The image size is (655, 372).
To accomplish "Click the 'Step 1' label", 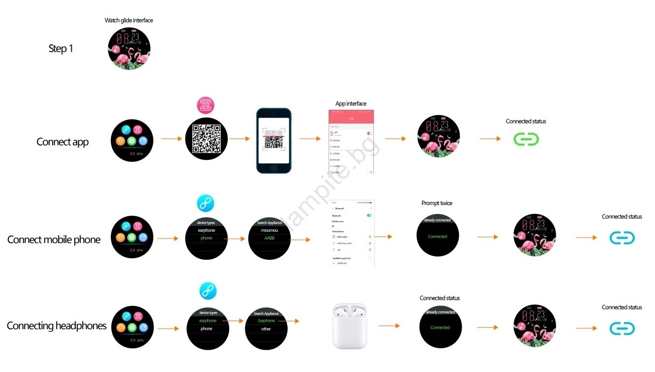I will [x=60, y=48].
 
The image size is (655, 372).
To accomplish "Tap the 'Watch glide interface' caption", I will [x=129, y=20].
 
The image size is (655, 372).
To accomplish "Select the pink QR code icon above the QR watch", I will [x=206, y=105].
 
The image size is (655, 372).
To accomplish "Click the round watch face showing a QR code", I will [x=206, y=139].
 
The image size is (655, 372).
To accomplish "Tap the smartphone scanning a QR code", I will [x=274, y=140].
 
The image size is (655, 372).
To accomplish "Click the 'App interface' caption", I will [x=351, y=104].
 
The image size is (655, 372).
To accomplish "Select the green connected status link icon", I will [x=526, y=139].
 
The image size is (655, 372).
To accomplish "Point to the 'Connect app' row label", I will [x=62, y=142].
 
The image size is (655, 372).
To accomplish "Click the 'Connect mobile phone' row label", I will [x=54, y=240].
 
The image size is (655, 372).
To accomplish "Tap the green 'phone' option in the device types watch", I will [x=206, y=238].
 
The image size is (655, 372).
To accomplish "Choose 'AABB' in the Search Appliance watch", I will [x=269, y=238].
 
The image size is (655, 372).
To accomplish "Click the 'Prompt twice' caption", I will [x=437, y=203].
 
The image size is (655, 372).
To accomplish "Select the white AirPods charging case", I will [x=349, y=326].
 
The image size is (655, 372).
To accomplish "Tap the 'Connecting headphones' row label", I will [x=57, y=326].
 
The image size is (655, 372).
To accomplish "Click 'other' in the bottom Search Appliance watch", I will [x=266, y=329].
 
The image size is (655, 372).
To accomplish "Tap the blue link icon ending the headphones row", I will [x=622, y=329].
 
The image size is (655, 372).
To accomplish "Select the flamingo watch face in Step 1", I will [x=129, y=48].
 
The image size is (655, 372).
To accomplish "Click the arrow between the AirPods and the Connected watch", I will [x=388, y=326].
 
